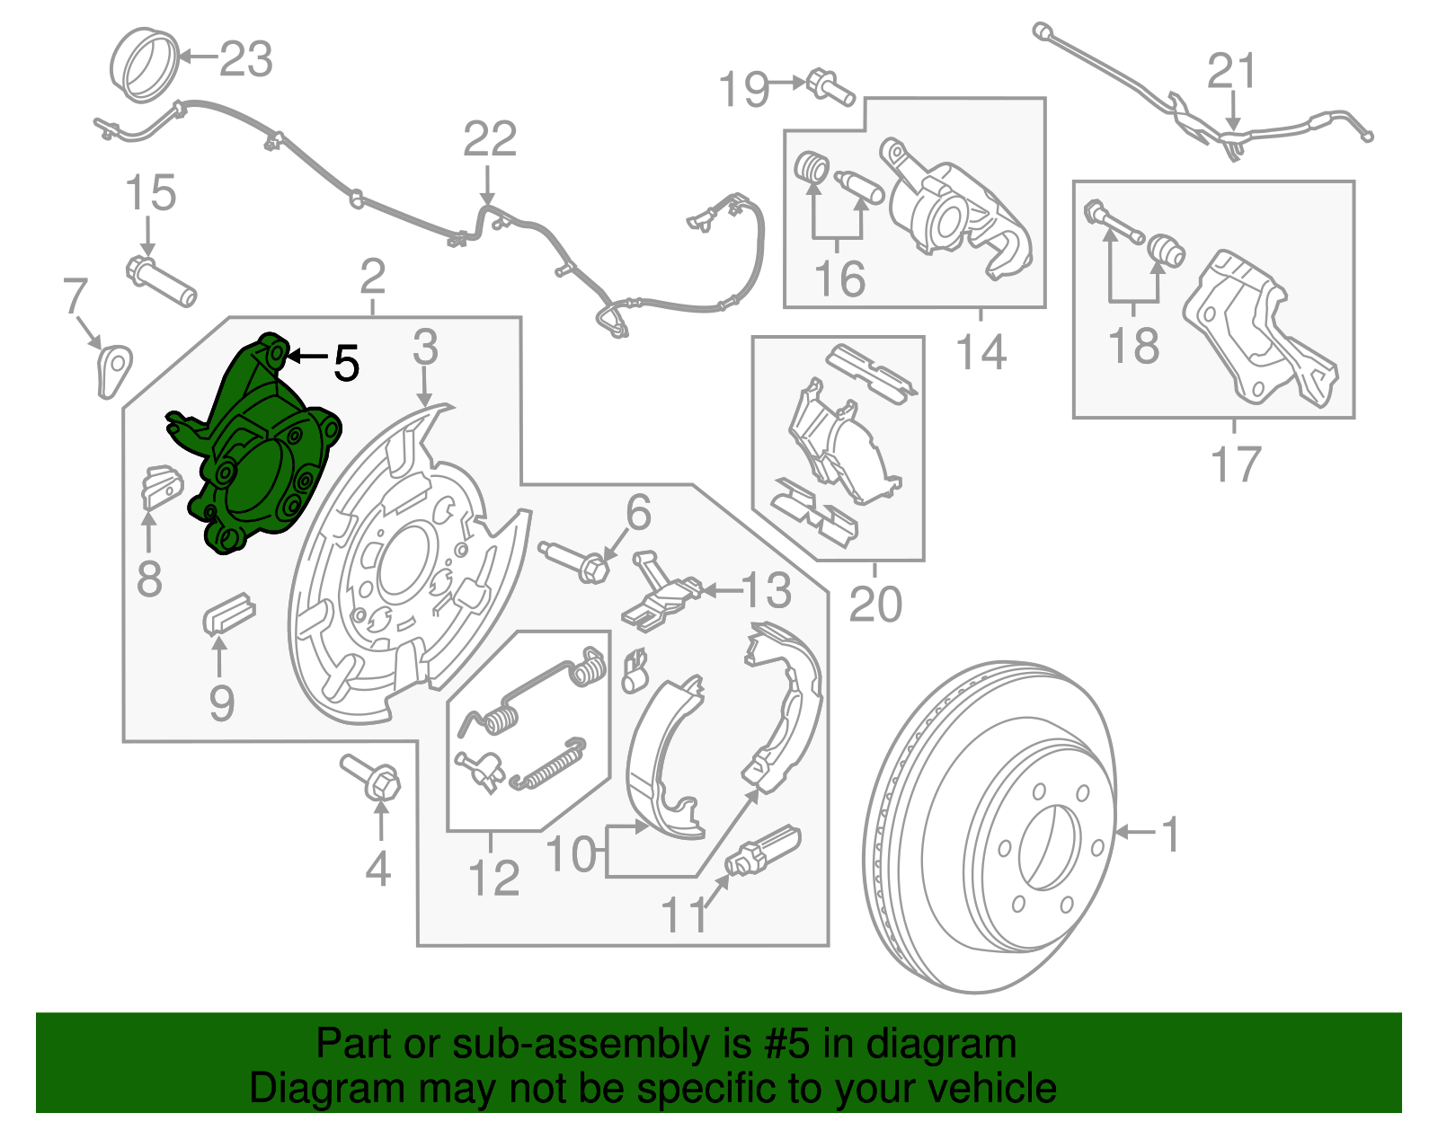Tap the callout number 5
click(x=346, y=363)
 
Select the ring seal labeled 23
click(x=143, y=64)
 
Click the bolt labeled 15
click(x=162, y=279)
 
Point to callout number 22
click(x=490, y=140)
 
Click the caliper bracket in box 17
click(x=1258, y=328)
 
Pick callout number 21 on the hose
click(x=1231, y=71)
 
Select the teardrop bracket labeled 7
click(x=113, y=369)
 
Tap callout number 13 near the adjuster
click(x=766, y=590)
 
